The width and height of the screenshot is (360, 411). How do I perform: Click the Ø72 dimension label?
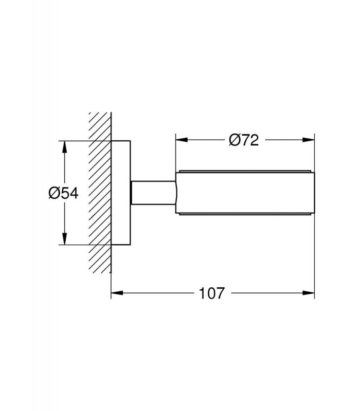[x=244, y=140]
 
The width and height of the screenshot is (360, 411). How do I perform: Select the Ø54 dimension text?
[x=63, y=194]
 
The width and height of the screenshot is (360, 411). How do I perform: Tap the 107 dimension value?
[x=212, y=293]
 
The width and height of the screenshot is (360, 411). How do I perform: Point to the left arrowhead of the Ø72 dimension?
[x=182, y=140]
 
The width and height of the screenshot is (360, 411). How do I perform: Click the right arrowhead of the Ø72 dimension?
[x=308, y=140]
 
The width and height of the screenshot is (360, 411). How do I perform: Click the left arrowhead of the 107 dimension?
[x=117, y=293]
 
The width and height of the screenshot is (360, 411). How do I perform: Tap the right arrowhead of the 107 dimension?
[x=308, y=293]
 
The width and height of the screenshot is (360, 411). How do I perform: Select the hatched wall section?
[x=100, y=193]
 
